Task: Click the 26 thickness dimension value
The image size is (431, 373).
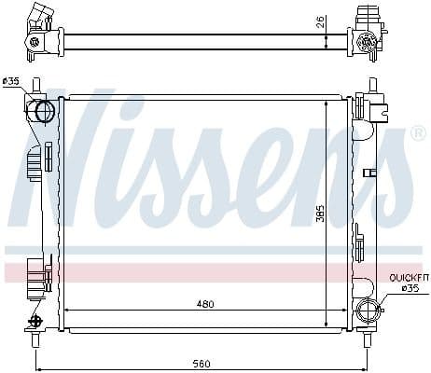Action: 321,21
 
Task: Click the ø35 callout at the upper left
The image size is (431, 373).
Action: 11,81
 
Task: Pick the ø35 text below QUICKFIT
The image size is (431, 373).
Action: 410,288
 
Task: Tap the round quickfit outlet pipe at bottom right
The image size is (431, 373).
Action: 368,311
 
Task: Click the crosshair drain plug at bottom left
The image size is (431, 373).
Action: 36,320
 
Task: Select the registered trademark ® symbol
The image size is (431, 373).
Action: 417,133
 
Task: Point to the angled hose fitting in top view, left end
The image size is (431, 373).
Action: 39,17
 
